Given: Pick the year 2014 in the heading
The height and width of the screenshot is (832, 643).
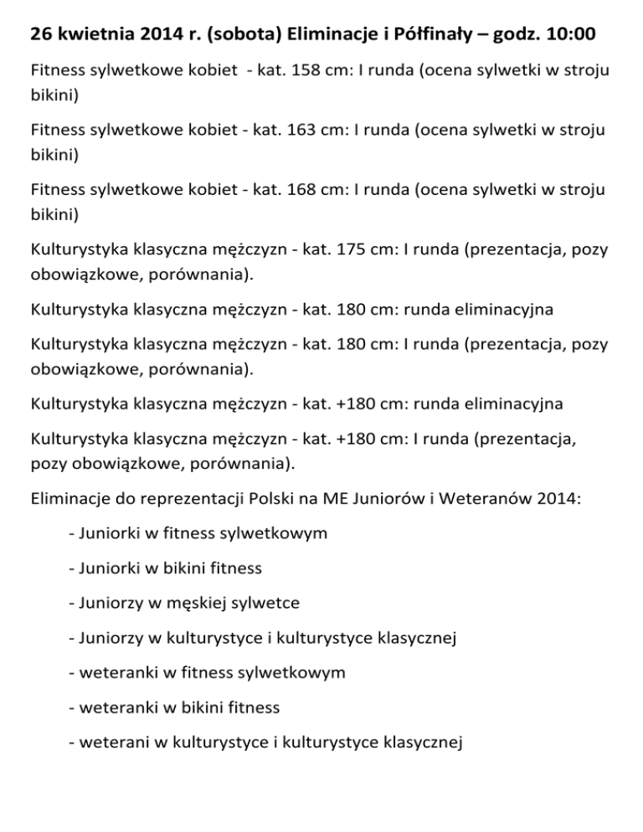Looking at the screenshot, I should coord(160,36).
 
